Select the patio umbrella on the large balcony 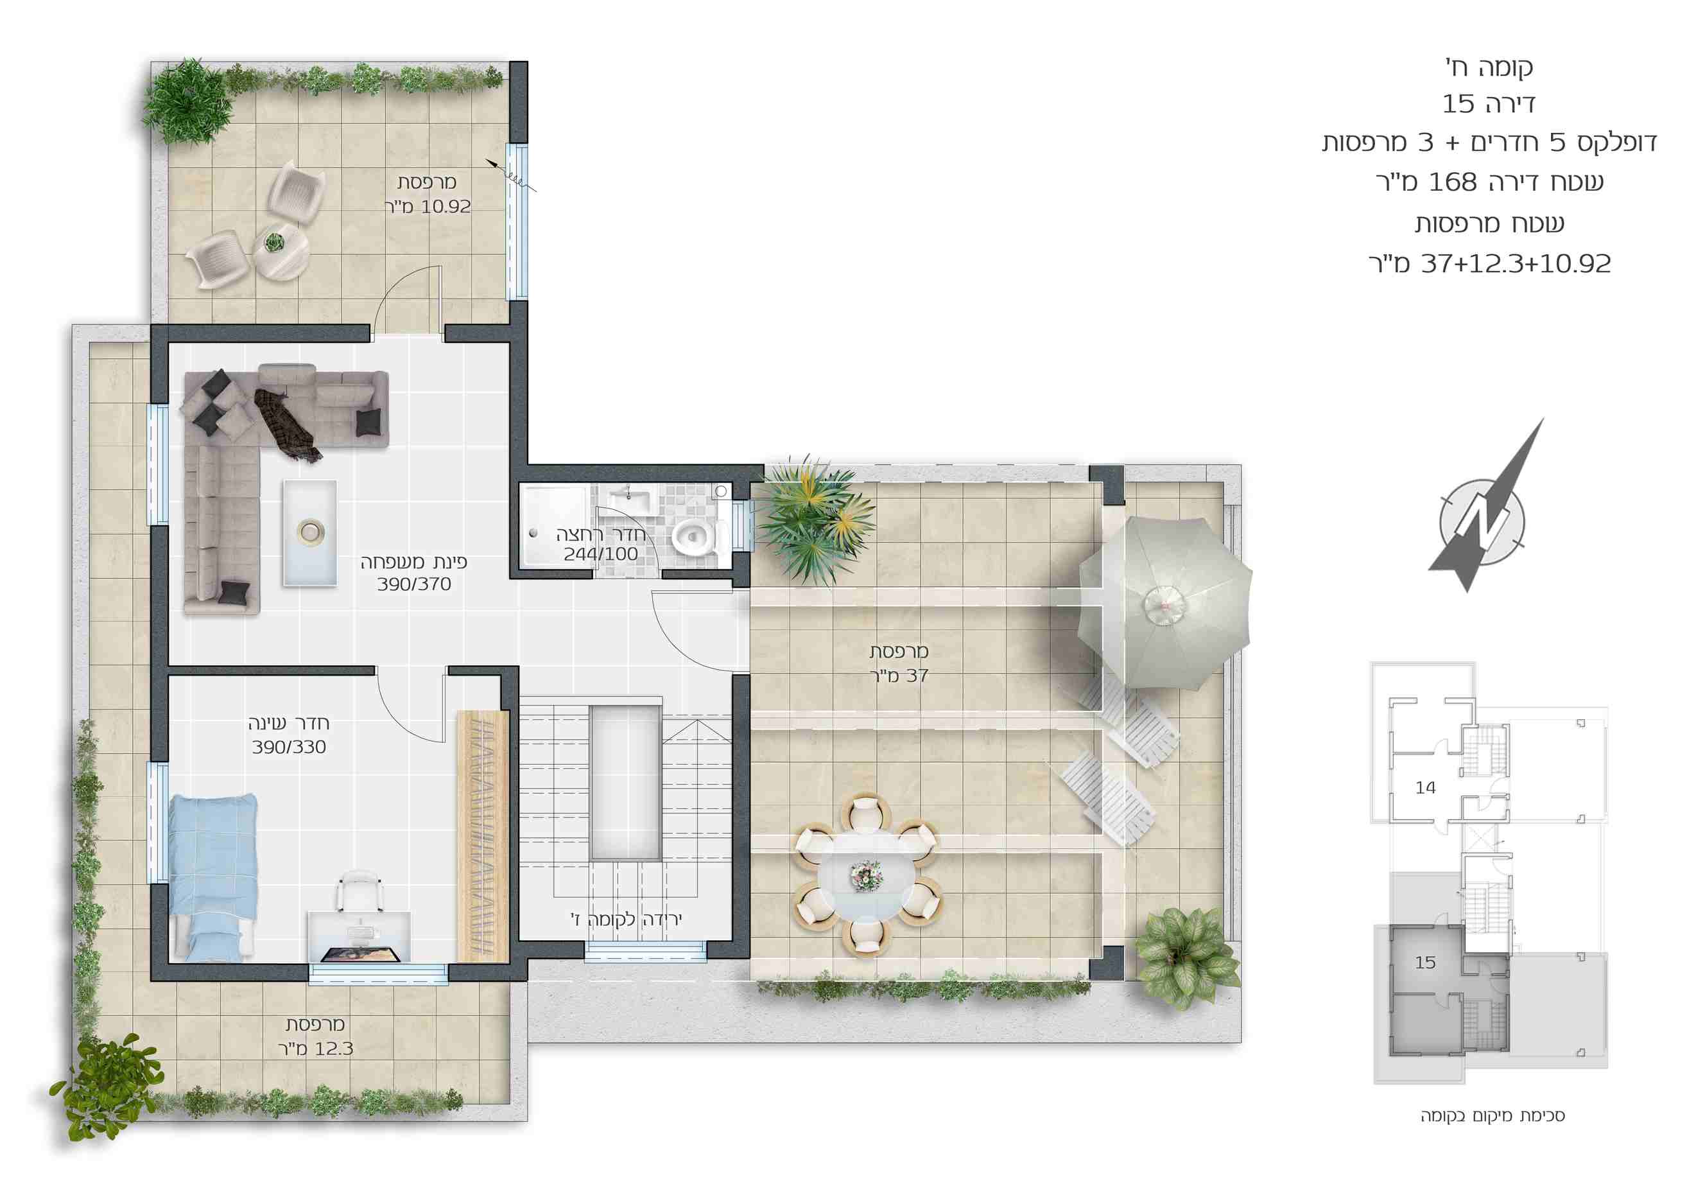pyautogui.click(x=1164, y=602)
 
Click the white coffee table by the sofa pyautogui.click(x=309, y=532)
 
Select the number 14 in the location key pyautogui.click(x=1425, y=788)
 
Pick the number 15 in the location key pyautogui.click(x=1425, y=963)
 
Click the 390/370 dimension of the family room pyautogui.click(x=413, y=584)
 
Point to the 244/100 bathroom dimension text pyautogui.click(x=600, y=554)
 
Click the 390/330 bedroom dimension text pyautogui.click(x=289, y=747)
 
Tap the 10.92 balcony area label pyautogui.click(x=446, y=207)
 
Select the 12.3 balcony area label pyautogui.click(x=334, y=1049)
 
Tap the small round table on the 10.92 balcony pyautogui.click(x=281, y=250)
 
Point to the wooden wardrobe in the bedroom pyautogui.click(x=483, y=836)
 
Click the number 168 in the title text pyautogui.click(x=1453, y=182)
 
